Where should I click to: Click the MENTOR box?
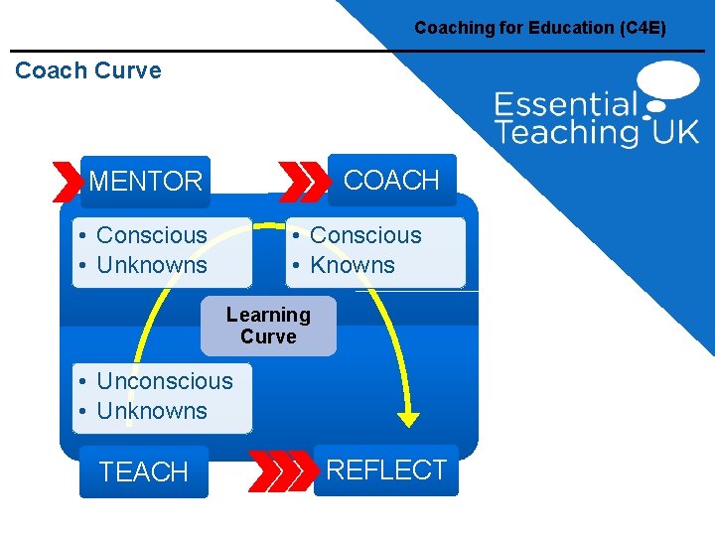pos(145,182)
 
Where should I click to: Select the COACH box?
pos(390,180)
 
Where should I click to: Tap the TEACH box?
pos(144,472)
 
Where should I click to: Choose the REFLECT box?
pos(386,470)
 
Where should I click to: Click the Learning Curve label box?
pos(268,326)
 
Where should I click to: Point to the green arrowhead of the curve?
pos(408,420)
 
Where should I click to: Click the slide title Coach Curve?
pos(88,70)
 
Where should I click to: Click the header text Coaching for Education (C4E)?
pos(540,28)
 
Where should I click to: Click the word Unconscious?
pos(165,381)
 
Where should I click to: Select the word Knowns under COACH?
pos(353,265)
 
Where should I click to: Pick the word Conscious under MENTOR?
pos(152,235)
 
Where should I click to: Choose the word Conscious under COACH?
pos(365,235)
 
